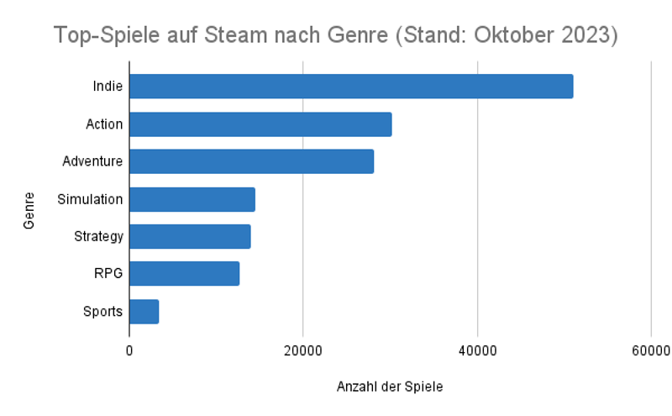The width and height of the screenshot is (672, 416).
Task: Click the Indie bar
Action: click(x=351, y=87)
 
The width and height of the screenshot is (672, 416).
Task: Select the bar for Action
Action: click(x=260, y=124)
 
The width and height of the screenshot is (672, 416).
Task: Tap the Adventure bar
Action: click(x=251, y=161)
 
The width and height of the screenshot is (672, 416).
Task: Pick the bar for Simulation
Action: click(x=192, y=199)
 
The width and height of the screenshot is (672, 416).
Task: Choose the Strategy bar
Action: click(x=190, y=237)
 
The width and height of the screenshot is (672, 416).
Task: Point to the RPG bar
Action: click(x=185, y=274)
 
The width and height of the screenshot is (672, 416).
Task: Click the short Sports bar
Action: click(x=144, y=312)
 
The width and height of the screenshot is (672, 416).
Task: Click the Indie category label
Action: click(x=108, y=87)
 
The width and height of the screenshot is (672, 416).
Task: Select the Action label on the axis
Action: click(x=104, y=124)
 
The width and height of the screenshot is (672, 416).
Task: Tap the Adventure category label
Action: click(x=92, y=161)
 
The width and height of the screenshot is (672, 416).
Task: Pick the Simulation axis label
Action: click(x=90, y=199)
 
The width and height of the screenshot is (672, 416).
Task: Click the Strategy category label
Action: click(x=98, y=237)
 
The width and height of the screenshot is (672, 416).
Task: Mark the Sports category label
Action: click(x=102, y=312)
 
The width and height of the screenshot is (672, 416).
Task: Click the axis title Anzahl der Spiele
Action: click(x=390, y=387)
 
